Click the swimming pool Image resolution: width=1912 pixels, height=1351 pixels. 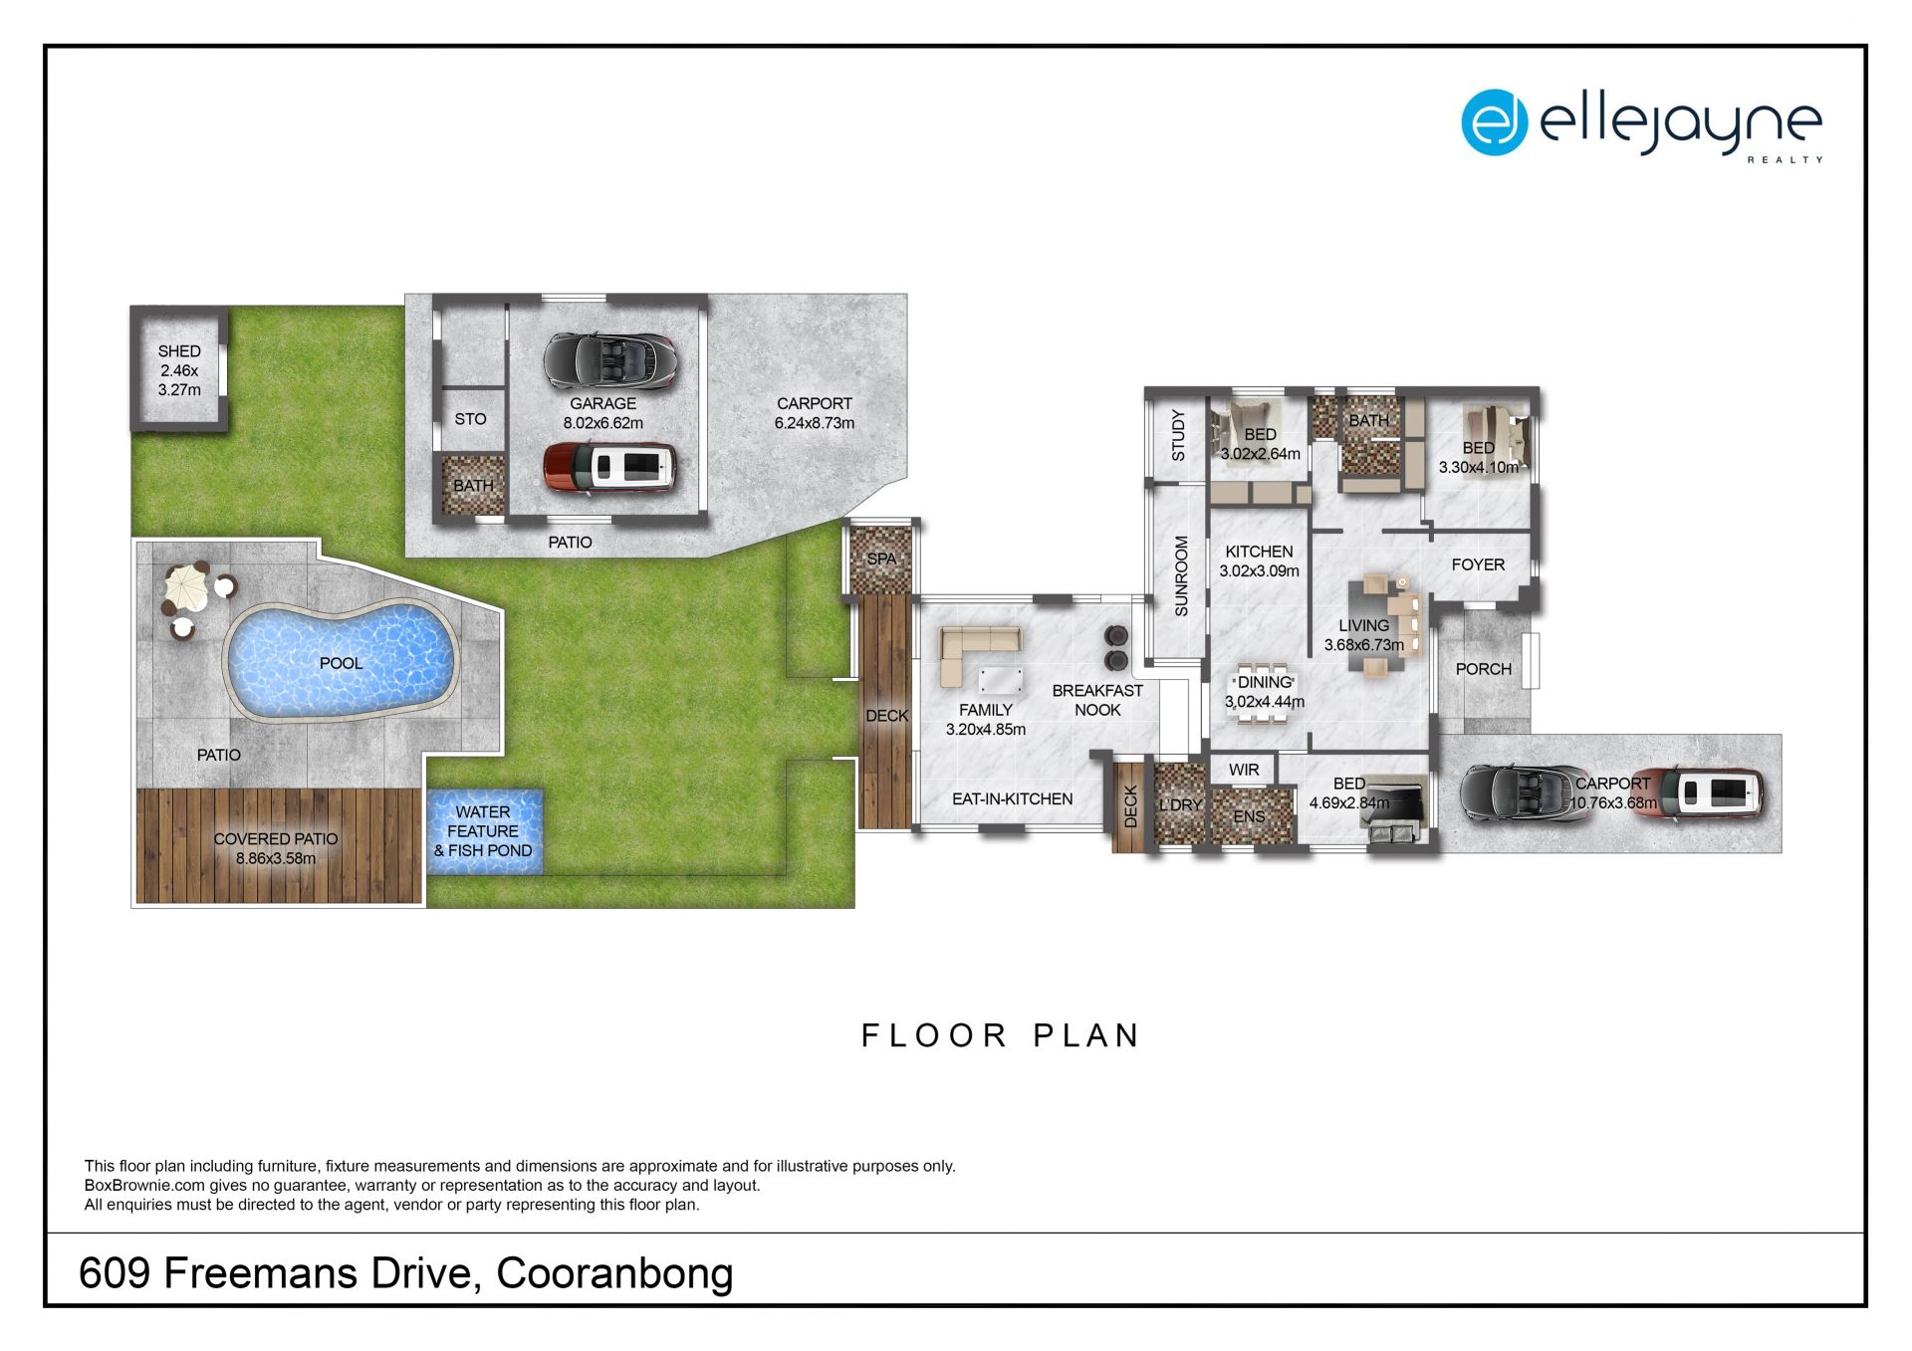342,660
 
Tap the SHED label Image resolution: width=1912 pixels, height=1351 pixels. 179,351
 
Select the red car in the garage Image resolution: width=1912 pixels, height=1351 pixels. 609,468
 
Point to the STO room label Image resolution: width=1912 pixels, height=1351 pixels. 470,419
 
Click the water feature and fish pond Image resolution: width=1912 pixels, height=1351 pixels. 485,831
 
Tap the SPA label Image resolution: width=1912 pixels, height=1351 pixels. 881,559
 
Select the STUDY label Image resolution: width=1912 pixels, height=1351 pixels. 1178,435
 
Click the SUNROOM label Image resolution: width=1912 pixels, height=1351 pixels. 1181,575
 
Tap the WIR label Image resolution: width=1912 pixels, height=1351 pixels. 1244,770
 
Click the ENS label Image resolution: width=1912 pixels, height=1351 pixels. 1249,816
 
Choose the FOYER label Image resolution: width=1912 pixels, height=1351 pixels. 1478,564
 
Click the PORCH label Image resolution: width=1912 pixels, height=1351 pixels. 1484,669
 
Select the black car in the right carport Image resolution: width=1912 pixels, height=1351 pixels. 1524,793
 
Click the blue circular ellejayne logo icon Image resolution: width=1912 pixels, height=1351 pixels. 1494,122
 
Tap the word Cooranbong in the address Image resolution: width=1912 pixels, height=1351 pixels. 614,1273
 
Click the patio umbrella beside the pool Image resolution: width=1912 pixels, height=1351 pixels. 187,587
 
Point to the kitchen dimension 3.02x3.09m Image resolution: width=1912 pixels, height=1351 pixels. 1260,571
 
